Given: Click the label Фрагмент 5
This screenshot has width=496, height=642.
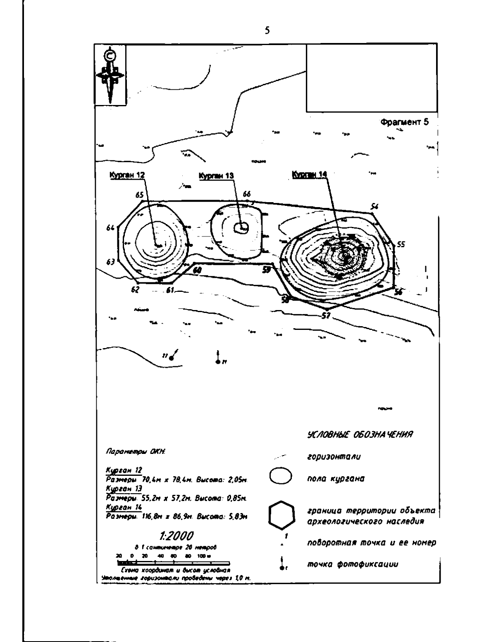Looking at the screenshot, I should click(x=405, y=122).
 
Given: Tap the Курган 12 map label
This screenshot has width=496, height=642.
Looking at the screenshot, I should click(x=127, y=175).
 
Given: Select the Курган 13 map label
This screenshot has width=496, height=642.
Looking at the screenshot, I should click(x=216, y=176).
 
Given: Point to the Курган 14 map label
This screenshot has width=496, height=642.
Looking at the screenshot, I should click(x=310, y=175).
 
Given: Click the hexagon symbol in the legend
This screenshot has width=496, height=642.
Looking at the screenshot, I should click(x=281, y=516).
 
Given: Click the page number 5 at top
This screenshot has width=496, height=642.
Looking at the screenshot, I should click(x=267, y=30).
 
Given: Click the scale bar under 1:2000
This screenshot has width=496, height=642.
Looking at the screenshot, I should click(x=174, y=563).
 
